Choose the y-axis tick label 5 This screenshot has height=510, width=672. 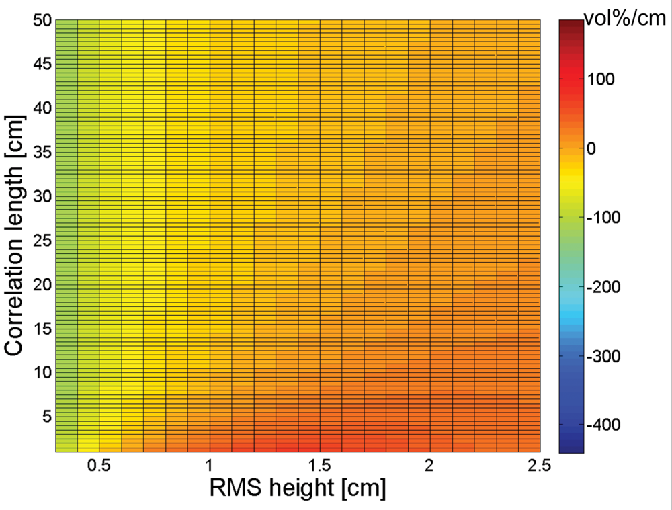pyautogui.click(x=45, y=417)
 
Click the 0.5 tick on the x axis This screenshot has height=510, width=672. pyautogui.click(x=99, y=466)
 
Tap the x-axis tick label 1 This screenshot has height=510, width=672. pyautogui.click(x=210, y=466)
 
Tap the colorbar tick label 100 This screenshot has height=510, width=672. pyautogui.click(x=608, y=79)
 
